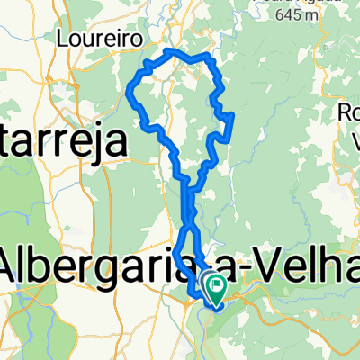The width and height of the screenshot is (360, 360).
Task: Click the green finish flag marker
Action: [x=217, y=288]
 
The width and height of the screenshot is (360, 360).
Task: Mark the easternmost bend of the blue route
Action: [x=233, y=115]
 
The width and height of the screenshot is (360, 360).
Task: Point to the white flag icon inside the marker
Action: [x=218, y=285]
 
